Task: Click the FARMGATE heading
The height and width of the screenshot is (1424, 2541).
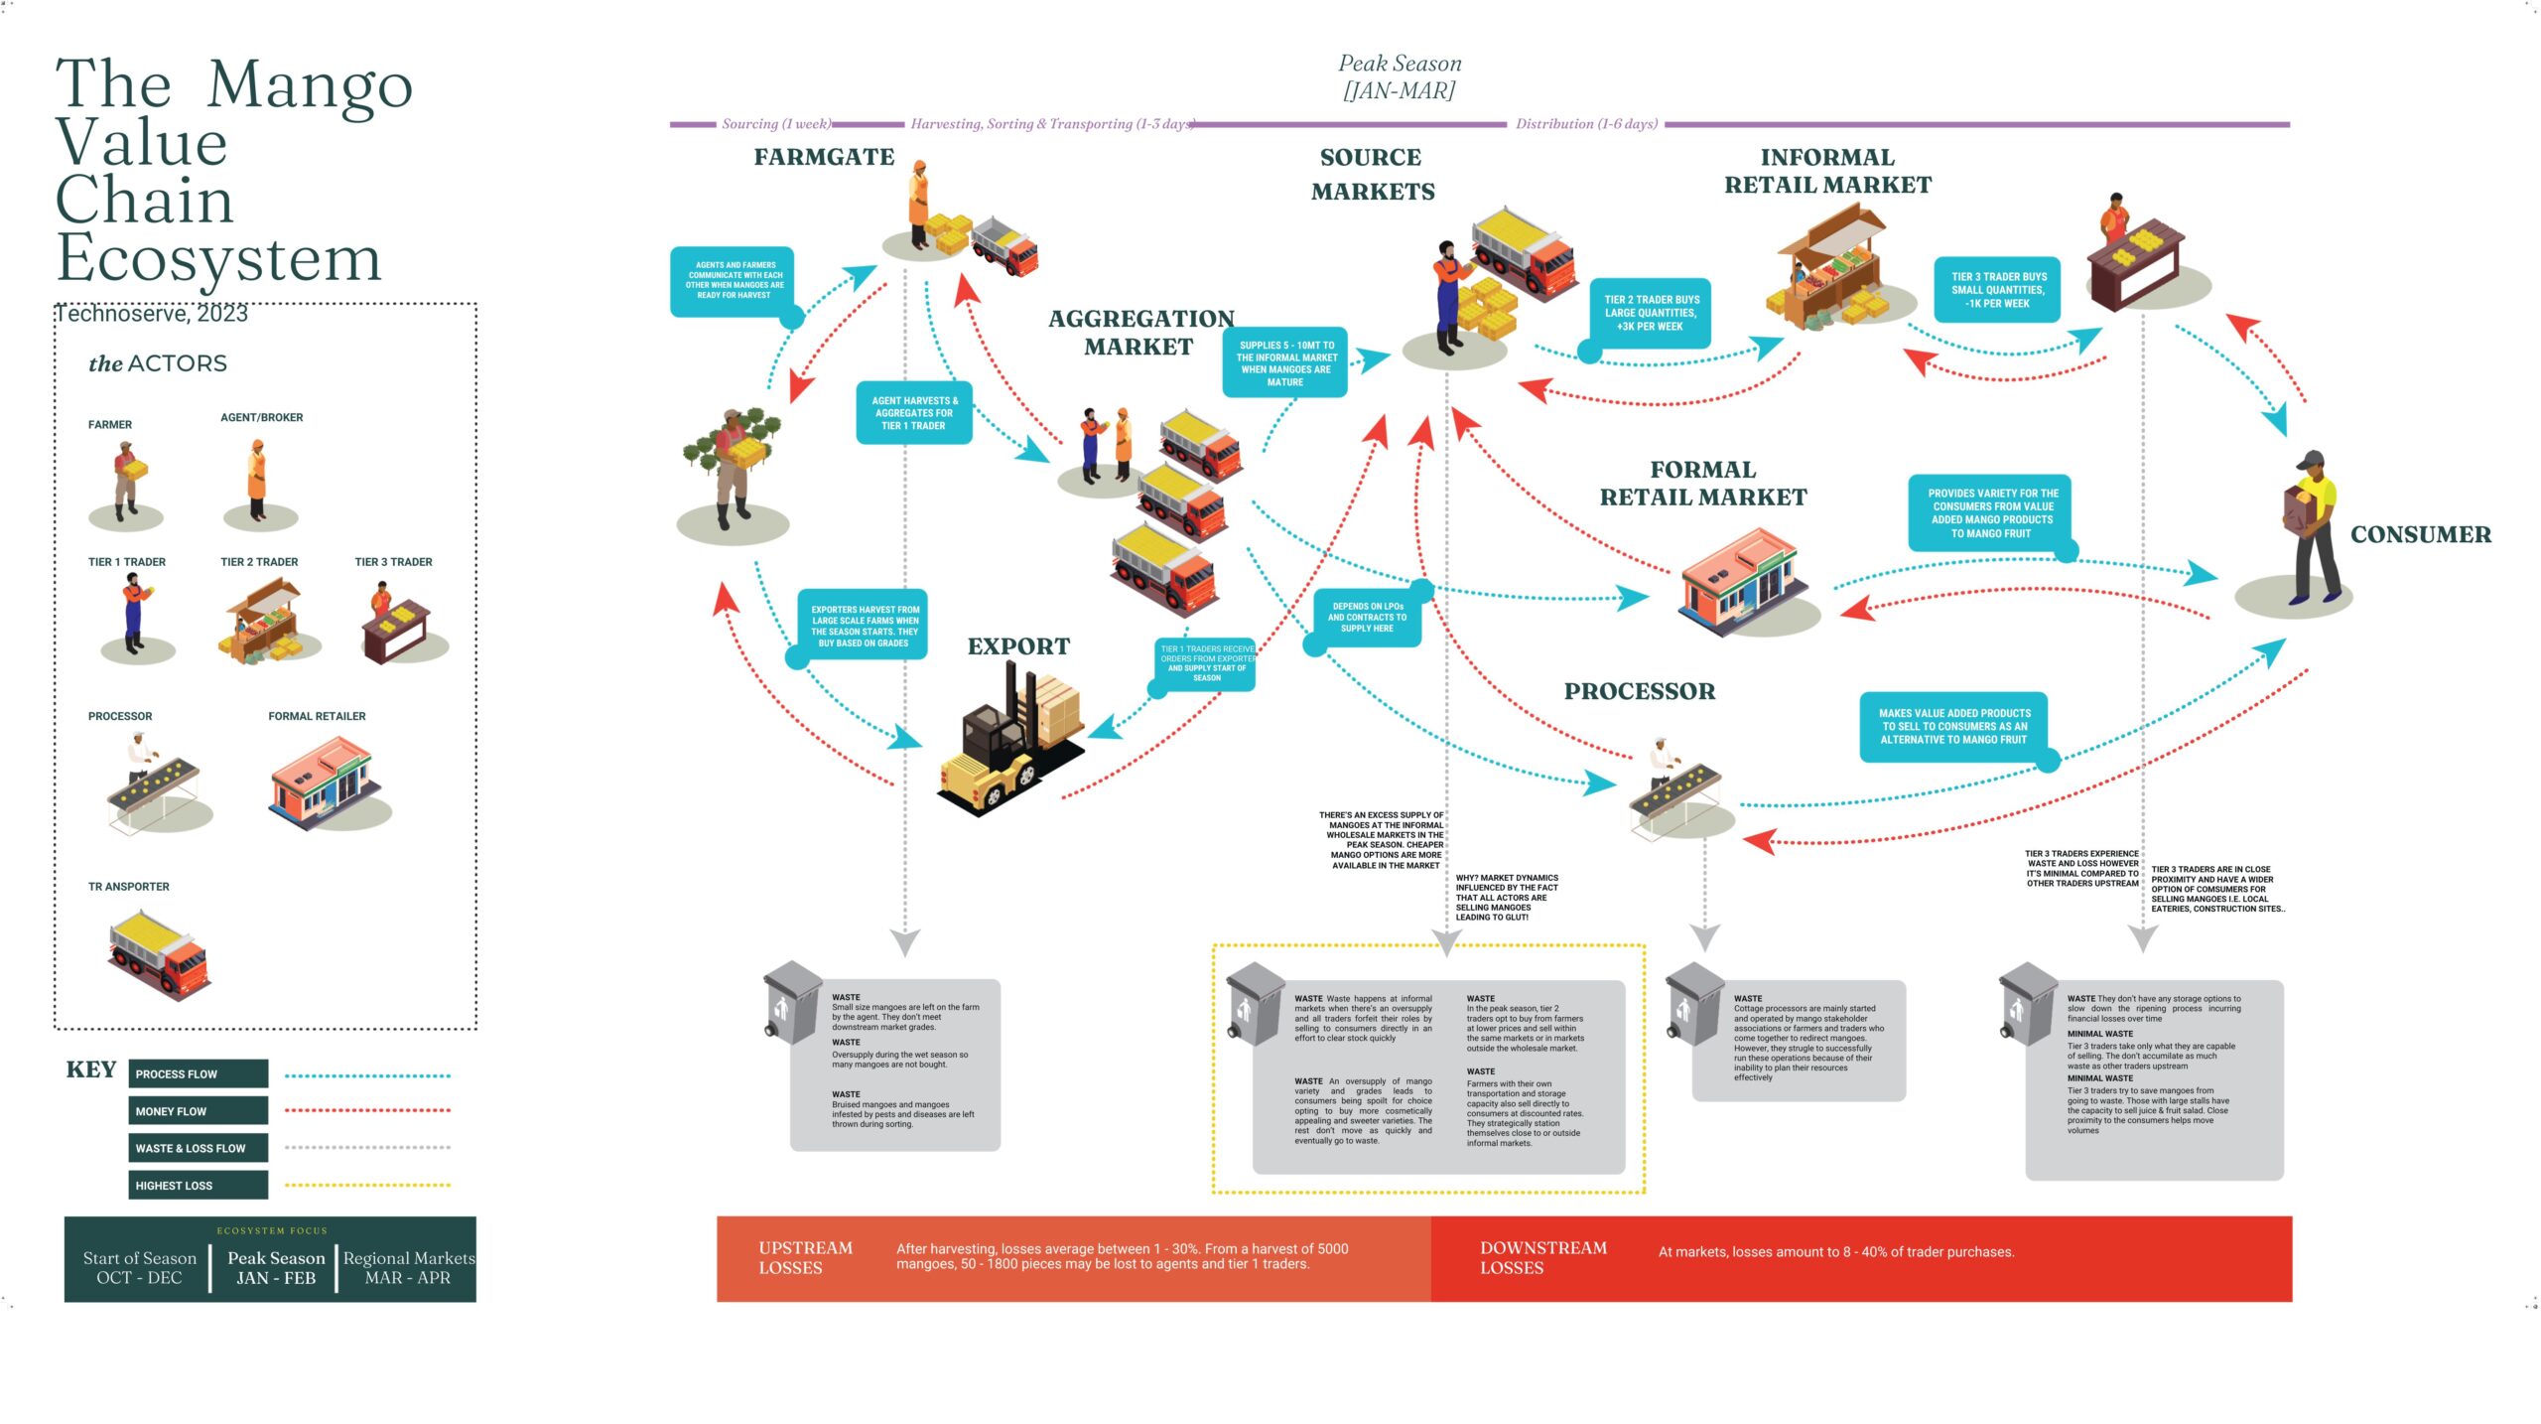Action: point(824,157)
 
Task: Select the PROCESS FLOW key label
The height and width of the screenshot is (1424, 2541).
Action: point(198,1073)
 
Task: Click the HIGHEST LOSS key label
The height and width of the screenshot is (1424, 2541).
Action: point(198,1185)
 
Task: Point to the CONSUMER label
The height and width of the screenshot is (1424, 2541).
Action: point(2420,534)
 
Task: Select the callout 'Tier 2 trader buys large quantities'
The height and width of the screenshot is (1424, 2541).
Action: point(1651,313)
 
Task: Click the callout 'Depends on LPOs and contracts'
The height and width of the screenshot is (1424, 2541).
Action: point(1367,617)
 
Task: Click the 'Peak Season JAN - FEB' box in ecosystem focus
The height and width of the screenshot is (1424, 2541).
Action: point(276,1268)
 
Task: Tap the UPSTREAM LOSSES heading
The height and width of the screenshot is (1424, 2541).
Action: point(805,1257)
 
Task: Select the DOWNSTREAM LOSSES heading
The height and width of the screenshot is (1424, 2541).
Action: point(1542,1257)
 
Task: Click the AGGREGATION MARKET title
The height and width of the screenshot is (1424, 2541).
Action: point(1140,333)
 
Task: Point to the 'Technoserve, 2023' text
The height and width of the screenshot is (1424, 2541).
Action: point(151,314)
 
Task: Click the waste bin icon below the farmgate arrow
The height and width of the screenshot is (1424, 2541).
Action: point(791,1003)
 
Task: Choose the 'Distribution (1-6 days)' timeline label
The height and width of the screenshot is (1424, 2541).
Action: point(1585,124)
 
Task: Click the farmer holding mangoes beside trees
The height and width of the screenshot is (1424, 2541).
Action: point(733,467)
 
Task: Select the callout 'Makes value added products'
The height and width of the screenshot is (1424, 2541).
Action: point(1952,726)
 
